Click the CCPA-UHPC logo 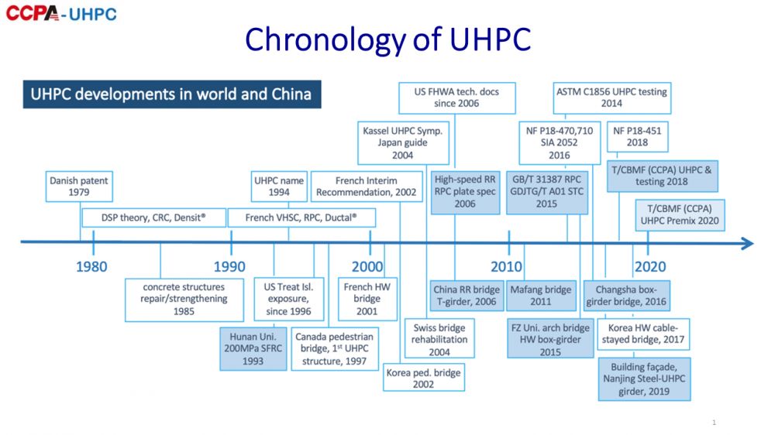tap(61, 13)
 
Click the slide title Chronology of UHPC tap(388, 39)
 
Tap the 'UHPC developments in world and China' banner tap(172, 94)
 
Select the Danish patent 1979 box tap(79, 187)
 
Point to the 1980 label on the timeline tap(91, 266)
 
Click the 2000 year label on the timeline tap(367, 266)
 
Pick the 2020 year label tap(650, 266)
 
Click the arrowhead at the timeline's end tap(747, 243)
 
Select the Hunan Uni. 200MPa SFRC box tap(253, 348)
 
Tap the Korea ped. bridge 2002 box tap(424, 378)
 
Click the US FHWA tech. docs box tap(457, 98)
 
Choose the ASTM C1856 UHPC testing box tap(612, 98)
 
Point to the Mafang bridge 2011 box tap(541, 295)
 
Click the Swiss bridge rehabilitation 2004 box tap(439, 339)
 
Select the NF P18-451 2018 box tap(637, 137)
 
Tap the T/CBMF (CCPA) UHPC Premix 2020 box tap(680, 214)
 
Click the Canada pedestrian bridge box tap(335, 348)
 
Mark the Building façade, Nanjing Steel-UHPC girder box tap(644, 379)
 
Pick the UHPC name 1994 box tap(279, 187)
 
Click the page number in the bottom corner tap(714, 422)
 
